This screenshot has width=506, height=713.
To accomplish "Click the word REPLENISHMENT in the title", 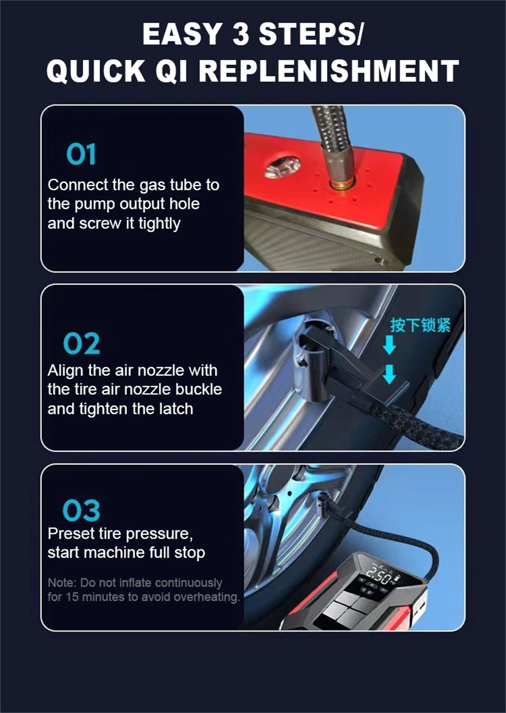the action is (329, 71).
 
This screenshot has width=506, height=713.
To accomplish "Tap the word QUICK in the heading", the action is (96, 71).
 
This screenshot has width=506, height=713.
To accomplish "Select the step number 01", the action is (81, 154).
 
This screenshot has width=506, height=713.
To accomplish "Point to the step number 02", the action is (81, 344).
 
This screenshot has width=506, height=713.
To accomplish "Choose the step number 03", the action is (81, 511).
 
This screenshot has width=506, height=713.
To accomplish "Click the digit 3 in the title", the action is (240, 34).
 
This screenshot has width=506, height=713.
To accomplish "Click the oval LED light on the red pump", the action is (283, 167).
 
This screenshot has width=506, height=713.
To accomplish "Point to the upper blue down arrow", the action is (389, 345).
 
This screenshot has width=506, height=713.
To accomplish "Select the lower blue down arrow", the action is (389, 374).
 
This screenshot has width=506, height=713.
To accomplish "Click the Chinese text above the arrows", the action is (420, 325).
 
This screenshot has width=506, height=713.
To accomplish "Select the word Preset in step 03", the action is (71, 533).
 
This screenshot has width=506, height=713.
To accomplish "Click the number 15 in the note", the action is (72, 597).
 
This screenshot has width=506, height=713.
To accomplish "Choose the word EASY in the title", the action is (182, 34).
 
